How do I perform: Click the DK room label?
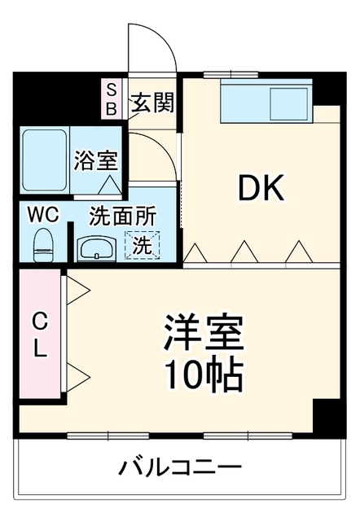click(261, 187)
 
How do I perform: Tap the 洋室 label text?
click(203, 332)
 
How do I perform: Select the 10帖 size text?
click(203, 375)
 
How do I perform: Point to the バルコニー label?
click(180, 468)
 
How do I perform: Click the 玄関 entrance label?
click(152, 103)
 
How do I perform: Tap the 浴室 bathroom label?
click(96, 161)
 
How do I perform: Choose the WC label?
click(43, 215)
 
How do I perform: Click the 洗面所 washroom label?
click(123, 217)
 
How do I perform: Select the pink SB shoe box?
click(111, 99)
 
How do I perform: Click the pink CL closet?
click(40, 334)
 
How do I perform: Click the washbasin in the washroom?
click(96, 249)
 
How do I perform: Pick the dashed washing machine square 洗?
click(142, 245)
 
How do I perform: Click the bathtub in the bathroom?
click(45, 160)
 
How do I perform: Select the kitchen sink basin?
click(288, 104)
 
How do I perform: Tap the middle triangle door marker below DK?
click(244, 252)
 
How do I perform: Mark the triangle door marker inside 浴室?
click(110, 185)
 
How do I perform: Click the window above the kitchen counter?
click(230, 75)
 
